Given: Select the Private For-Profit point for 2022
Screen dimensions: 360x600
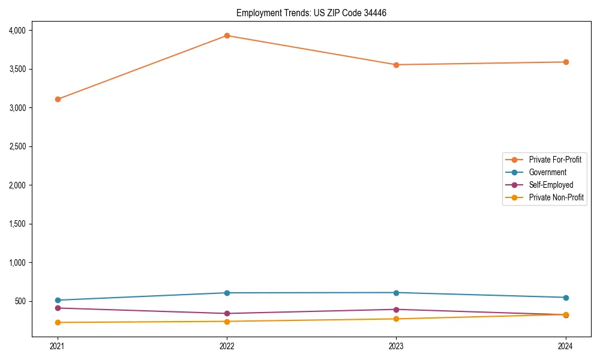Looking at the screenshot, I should coord(227,35).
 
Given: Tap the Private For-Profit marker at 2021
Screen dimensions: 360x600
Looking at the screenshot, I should coord(58,99).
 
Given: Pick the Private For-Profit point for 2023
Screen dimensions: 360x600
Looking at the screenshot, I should coord(396,65).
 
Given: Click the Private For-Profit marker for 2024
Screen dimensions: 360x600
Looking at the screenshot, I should coord(566,62).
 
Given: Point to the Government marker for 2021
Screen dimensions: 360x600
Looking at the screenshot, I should coord(58,300).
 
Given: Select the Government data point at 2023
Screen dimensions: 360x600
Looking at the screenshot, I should coord(396,293).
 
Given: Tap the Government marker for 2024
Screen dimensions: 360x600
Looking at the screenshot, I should coord(566,298).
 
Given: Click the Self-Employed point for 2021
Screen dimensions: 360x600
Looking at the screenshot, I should coord(58,308).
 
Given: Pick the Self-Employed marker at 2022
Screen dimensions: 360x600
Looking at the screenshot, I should coord(227,313).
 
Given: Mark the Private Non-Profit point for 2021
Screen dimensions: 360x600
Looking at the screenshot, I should coord(58,322).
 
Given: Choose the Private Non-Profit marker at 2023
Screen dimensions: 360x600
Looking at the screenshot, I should coord(396,319).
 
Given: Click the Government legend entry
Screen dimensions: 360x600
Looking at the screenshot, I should coord(547,172).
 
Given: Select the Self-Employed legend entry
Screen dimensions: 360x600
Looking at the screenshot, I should coord(551,185).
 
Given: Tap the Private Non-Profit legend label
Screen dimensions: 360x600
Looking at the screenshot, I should coord(556,197).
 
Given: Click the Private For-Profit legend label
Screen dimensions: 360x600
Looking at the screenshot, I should coord(555,160).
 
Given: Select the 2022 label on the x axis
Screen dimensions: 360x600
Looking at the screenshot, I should coord(227,346).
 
